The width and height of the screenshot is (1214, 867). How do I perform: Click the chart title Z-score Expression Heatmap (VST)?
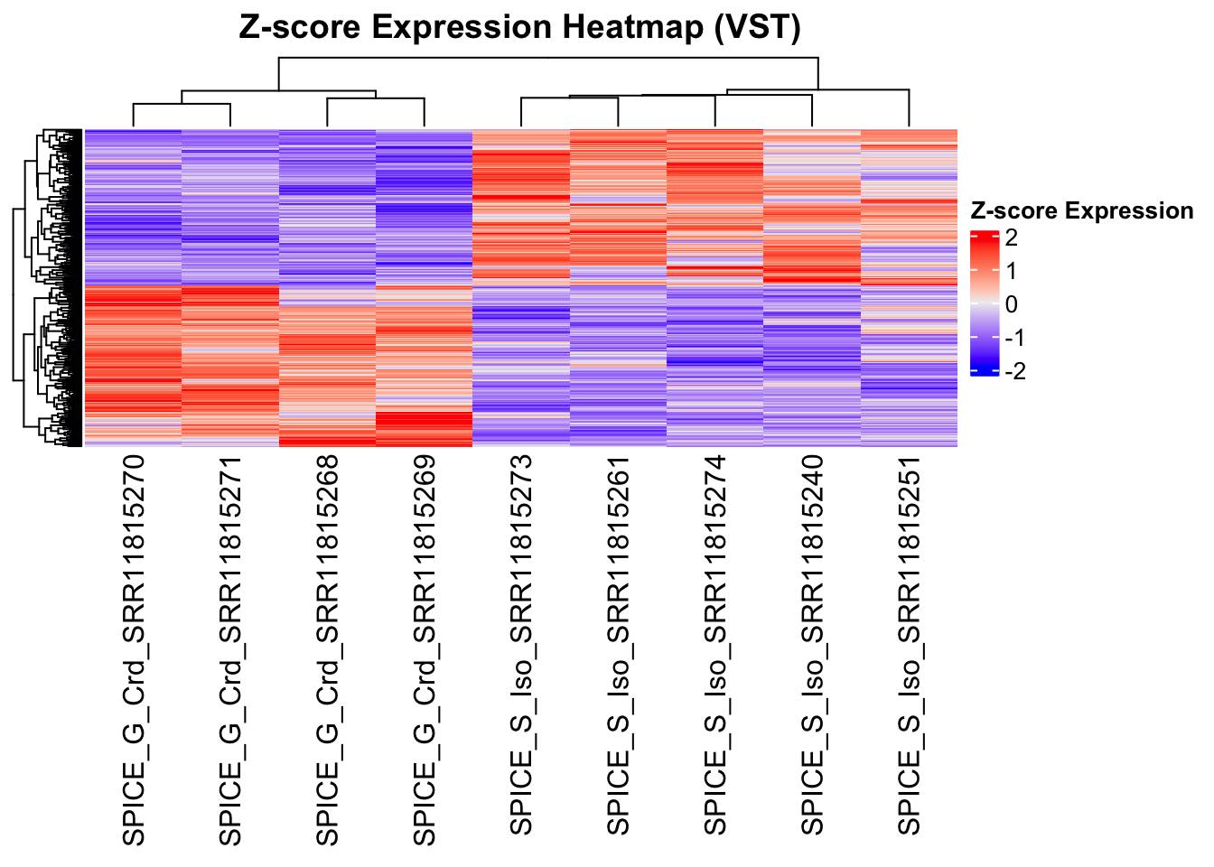pyautogui.click(x=519, y=27)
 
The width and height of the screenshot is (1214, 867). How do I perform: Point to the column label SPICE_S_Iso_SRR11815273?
pyautogui.click(x=522, y=643)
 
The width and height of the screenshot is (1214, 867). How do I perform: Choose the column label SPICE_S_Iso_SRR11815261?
pyautogui.click(x=619, y=643)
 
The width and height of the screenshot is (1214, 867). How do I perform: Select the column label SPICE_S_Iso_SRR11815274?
pyautogui.click(x=715, y=643)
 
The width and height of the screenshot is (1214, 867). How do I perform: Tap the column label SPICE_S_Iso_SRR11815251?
pyautogui.click(x=910, y=643)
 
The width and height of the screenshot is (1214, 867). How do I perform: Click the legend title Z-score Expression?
pyautogui.click(x=1081, y=211)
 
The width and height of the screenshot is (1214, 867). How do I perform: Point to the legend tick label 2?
pyautogui.click(x=1011, y=238)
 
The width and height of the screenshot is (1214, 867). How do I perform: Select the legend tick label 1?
pyautogui.click(x=1011, y=271)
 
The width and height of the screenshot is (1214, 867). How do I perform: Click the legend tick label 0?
pyautogui.click(x=1011, y=304)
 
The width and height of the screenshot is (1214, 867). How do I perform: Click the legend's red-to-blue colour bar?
pyautogui.click(x=985, y=303)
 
